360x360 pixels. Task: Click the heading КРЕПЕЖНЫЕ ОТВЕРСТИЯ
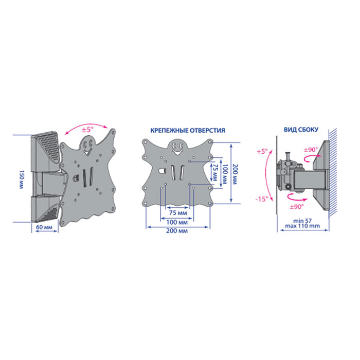click(x=188, y=131)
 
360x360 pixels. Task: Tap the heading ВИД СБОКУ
click(x=301, y=130)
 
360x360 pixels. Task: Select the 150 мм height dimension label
click(x=21, y=179)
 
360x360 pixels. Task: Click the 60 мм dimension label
click(x=44, y=227)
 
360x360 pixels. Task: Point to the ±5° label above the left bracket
click(x=88, y=130)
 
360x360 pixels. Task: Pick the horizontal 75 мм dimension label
click(x=178, y=213)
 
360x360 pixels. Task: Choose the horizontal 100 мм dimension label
click(x=177, y=222)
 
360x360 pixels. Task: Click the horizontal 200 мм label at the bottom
click(x=177, y=231)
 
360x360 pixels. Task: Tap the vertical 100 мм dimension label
click(x=225, y=174)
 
